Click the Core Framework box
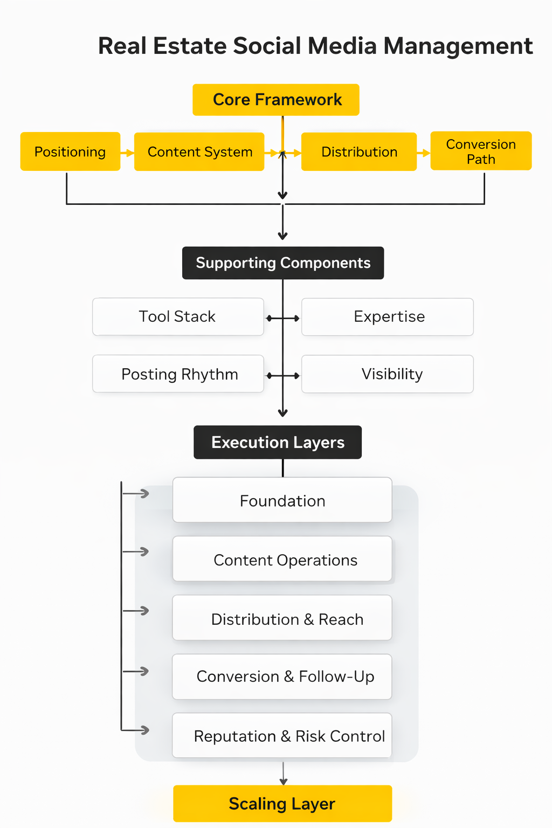(x=276, y=100)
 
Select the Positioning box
(x=70, y=152)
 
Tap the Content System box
(x=199, y=152)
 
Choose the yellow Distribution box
(x=359, y=152)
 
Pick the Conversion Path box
(x=481, y=151)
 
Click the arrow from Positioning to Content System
(x=127, y=153)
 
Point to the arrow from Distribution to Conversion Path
(x=424, y=153)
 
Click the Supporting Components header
(x=283, y=263)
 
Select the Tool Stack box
(x=178, y=317)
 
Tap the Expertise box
(x=388, y=317)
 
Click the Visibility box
(x=388, y=374)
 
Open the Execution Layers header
(x=278, y=443)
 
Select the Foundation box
(x=282, y=500)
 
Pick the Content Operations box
(x=282, y=560)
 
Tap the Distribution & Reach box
(x=282, y=618)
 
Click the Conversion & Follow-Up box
(x=282, y=677)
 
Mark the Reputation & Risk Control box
(x=282, y=736)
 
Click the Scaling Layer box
(x=282, y=804)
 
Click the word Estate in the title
(x=189, y=46)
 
